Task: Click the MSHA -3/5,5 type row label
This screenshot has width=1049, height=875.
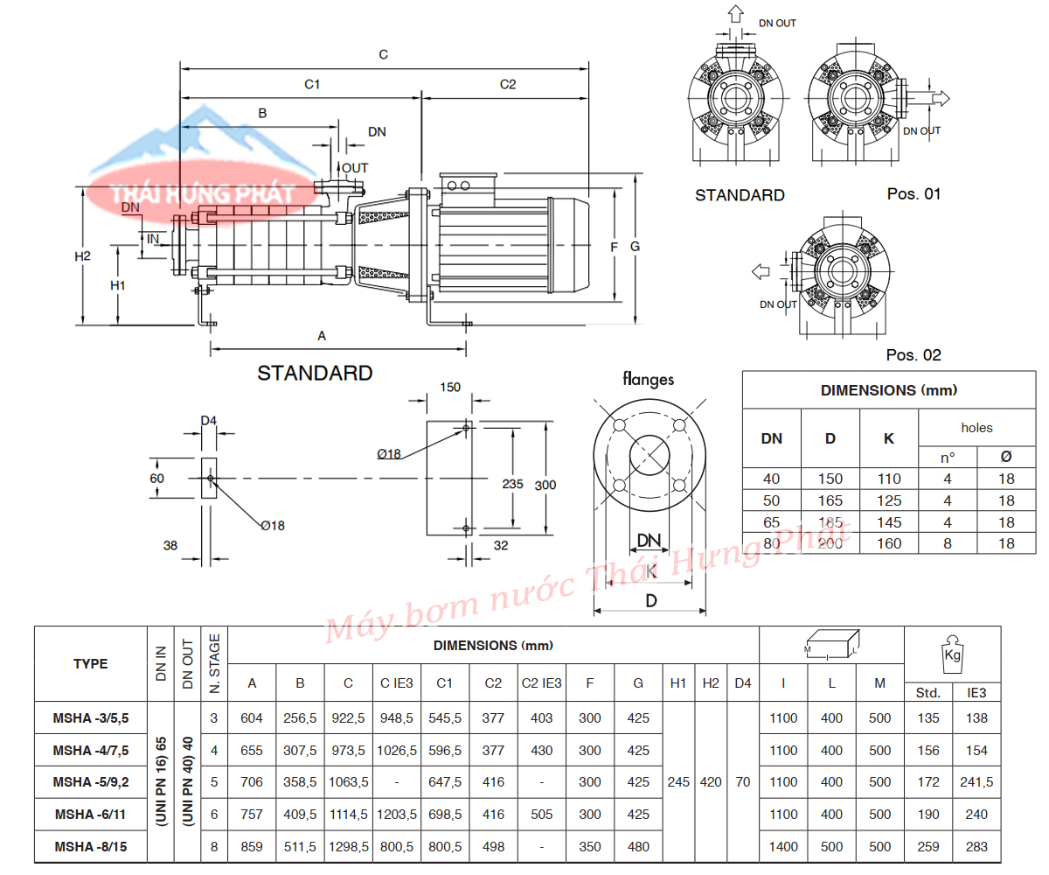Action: pos(91,718)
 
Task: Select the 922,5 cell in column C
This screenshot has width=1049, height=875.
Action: pos(348,718)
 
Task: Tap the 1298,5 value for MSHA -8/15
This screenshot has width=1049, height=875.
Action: pos(348,847)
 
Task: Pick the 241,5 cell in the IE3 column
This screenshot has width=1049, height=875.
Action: pos(976,782)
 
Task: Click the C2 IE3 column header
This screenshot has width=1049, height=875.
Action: pos(541,682)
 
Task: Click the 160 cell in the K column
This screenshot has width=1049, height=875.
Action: pos(889,543)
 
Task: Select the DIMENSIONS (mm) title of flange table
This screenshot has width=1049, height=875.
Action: pos(888,390)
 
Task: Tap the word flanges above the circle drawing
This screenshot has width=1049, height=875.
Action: pos(648,379)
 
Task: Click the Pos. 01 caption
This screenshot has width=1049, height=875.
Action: pos(914,194)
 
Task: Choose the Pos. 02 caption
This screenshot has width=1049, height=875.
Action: pos(914,355)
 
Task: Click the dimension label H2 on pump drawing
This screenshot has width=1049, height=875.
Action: pos(82,256)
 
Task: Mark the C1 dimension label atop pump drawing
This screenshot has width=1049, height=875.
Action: pos(312,85)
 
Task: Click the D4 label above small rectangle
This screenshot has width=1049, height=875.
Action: pos(208,421)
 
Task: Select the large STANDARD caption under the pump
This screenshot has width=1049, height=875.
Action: pos(315,374)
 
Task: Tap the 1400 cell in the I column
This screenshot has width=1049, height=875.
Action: pos(784,847)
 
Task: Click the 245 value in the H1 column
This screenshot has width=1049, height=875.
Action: pos(678,782)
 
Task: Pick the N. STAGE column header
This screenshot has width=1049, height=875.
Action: pos(214,663)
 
